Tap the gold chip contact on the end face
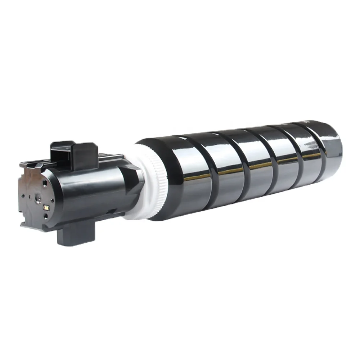pyautogui.click(x=46, y=208)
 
